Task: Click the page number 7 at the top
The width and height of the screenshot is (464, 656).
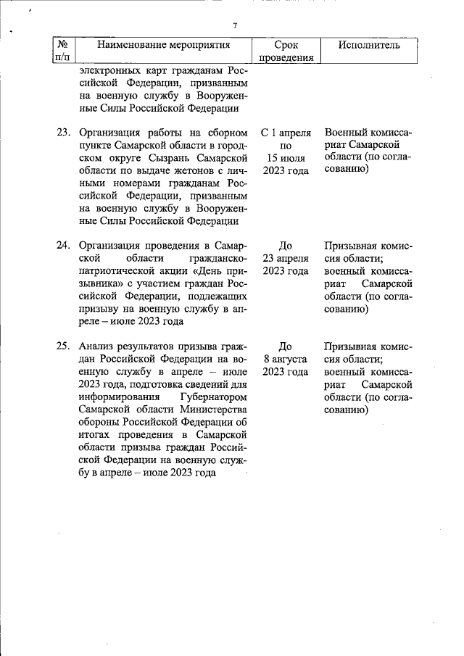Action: coord(235,26)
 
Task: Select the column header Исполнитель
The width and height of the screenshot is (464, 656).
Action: coord(369,45)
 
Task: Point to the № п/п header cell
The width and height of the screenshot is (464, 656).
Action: coord(62,51)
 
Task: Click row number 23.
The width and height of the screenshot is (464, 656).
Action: coord(63,133)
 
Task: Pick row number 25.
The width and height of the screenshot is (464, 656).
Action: coord(63,345)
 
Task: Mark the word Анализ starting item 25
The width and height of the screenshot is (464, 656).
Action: coord(97,346)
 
